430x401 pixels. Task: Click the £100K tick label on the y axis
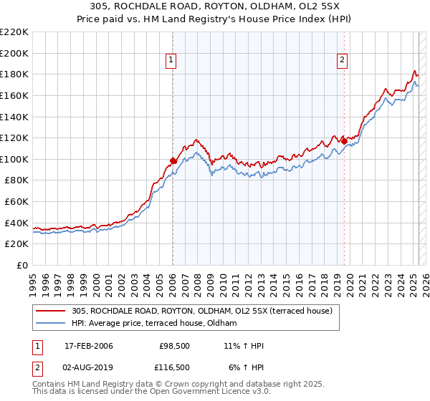point(14,159)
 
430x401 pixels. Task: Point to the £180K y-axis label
point(14,74)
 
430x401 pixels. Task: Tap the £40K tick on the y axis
point(16,223)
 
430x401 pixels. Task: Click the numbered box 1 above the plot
point(172,60)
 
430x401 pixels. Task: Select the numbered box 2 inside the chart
point(343,60)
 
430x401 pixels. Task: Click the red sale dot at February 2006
point(173,160)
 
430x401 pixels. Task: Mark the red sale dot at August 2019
point(344,141)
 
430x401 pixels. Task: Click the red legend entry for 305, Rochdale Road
point(201,311)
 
